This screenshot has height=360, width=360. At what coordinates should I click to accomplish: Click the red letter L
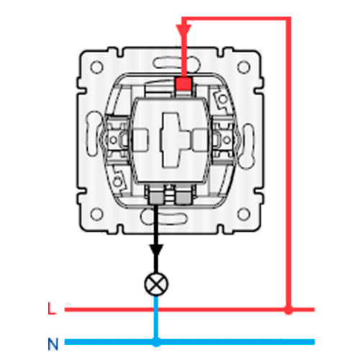52,308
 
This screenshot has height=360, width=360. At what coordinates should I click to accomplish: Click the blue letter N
53,344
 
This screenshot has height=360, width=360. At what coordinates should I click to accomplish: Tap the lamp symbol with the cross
156,284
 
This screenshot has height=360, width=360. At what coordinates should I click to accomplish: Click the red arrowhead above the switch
184,31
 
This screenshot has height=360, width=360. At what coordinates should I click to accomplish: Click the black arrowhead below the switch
156,250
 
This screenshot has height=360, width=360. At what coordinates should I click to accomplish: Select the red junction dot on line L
289,310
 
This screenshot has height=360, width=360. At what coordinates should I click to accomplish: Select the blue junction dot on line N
156,342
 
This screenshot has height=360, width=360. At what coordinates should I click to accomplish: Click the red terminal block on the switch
184,84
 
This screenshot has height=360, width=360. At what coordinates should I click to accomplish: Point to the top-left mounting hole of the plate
96,67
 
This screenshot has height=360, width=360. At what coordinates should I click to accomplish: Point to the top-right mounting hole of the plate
243,67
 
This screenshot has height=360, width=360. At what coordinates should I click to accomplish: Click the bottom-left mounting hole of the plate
96,215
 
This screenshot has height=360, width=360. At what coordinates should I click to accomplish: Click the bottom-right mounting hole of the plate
243,215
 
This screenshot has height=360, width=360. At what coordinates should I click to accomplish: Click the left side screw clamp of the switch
114,140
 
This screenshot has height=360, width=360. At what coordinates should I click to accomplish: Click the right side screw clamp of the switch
225,140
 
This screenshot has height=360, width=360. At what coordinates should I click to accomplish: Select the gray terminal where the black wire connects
156,198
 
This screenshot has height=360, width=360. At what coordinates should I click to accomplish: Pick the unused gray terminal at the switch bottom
184,198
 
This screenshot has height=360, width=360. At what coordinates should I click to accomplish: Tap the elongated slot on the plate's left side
93,134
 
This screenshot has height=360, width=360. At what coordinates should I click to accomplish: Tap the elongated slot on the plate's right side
247,146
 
